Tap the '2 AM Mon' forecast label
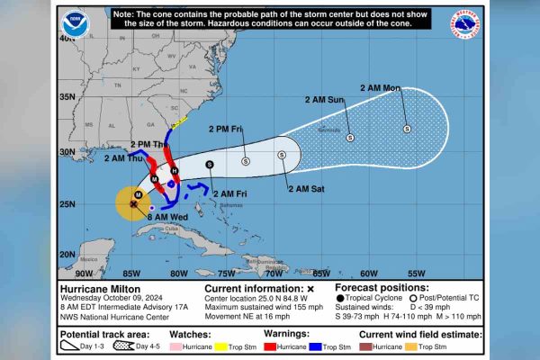[x=380, y=88]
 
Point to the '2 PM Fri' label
[x=226, y=129]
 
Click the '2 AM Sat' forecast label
[x=305, y=189]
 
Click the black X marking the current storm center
[x=133, y=204]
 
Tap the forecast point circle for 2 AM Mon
[x=407, y=129]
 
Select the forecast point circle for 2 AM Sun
[x=350, y=137]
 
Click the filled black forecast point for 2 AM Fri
[x=210, y=164]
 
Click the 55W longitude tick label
[x=416, y=273]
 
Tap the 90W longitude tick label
[x=83, y=273]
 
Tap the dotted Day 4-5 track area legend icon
[x=126, y=346]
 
